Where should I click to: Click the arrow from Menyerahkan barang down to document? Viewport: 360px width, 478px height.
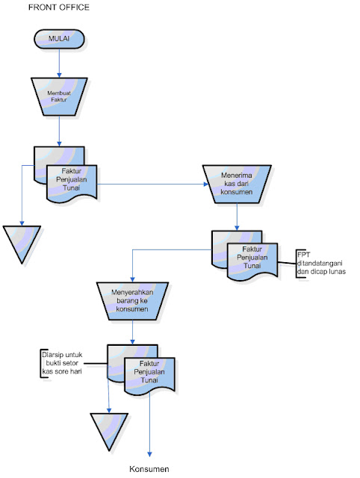[132, 332]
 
